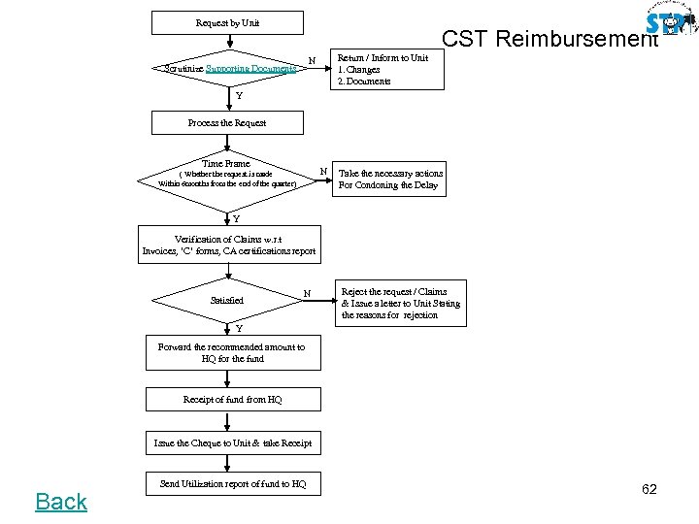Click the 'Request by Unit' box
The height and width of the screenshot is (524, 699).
pos(227,22)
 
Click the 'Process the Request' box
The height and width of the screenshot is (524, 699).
pos(227,123)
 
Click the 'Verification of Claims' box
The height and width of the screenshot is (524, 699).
pos(229,245)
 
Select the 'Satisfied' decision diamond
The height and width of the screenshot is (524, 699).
pos(227,301)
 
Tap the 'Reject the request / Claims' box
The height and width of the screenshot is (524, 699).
pos(400,303)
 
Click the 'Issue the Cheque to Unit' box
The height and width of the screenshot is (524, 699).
pos(232,443)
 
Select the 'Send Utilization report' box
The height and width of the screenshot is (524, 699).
pos(232,483)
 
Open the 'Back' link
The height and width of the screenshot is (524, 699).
pos(61,502)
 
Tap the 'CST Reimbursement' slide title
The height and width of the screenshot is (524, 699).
pos(549,39)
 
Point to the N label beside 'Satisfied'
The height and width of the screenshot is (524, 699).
pos(307,293)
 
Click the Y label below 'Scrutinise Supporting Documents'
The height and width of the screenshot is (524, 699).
pos(238,97)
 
